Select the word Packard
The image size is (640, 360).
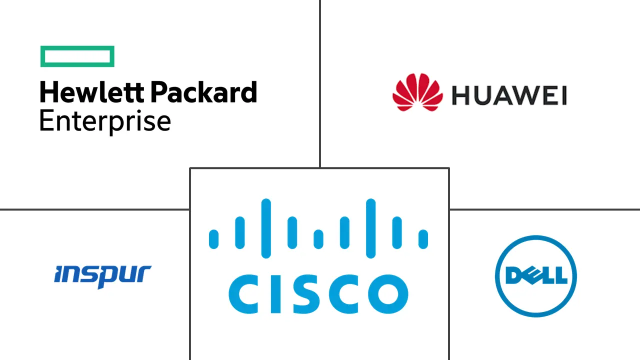(x=203, y=93)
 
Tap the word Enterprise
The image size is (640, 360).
(x=105, y=121)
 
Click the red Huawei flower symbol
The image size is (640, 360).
(x=417, y=92)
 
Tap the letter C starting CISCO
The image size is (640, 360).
(x=244, y=293)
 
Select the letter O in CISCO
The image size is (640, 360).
(x=388, y=293)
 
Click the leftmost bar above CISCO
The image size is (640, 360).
(x=214, y=238)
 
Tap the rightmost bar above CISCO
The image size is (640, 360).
(x=423, y=238)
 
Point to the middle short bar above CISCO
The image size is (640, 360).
(x=318, y=238)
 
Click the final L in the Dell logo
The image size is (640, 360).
(x=561, y=275)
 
